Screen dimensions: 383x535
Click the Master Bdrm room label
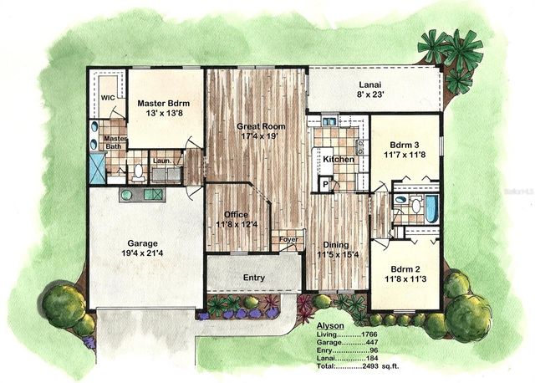point(166,103)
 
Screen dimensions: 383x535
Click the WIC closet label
point(108,98)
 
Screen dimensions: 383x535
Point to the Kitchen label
point(339,159)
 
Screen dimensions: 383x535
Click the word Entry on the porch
point(253,277)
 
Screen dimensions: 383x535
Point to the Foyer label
point(288,239)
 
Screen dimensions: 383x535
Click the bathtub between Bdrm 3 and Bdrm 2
point(431,209)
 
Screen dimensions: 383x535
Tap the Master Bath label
point(115,143)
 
